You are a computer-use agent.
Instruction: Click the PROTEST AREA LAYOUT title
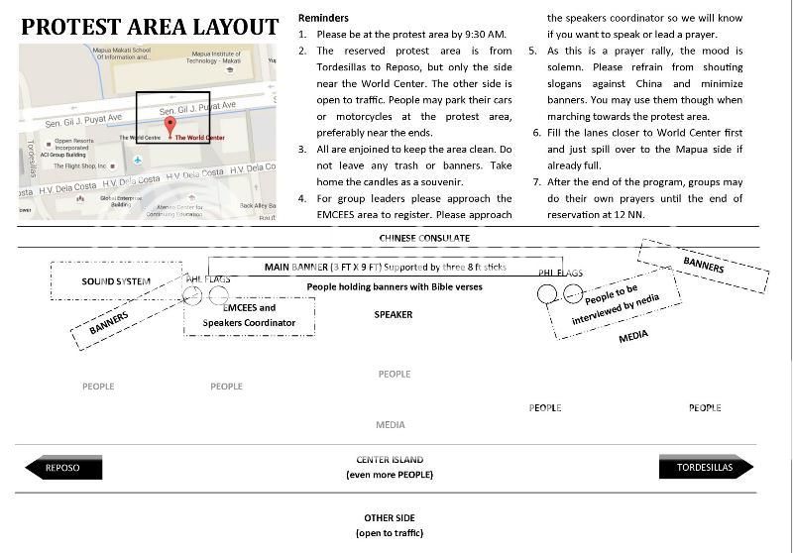tap(151, 27)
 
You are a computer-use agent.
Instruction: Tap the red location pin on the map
tap(170, 126)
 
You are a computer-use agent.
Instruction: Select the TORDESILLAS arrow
tap(706, 468)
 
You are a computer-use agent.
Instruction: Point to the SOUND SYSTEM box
tap(116, 281)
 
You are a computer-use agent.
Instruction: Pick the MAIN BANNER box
tap(357, 268)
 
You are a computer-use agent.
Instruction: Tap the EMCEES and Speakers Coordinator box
tap(249, 315)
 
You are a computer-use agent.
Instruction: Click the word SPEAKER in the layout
tap(394, 315)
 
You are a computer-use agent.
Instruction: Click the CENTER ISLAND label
tap(390, 460)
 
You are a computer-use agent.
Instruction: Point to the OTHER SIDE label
tap(390, 518)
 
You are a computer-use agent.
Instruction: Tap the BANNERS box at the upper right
tap(703, 266)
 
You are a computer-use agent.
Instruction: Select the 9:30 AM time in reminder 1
tap(482, 35)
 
